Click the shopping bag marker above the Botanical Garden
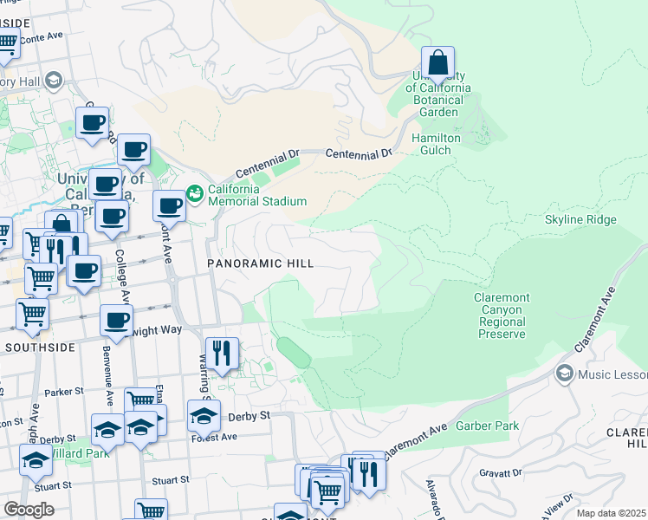pos(438,63)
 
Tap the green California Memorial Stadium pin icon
pos(194,191)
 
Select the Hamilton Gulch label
pos(437,144)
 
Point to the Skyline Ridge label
pos(580,219)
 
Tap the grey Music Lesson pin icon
pos(565,374)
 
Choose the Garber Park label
pos(507,426)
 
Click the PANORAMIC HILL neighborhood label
pos(259,262)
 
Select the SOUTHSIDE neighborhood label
pos(36,347)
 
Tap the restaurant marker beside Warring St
pos(222,353)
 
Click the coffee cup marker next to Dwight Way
pos(117,321)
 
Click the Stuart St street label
pos(170,479)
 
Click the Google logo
pos(29,509)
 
